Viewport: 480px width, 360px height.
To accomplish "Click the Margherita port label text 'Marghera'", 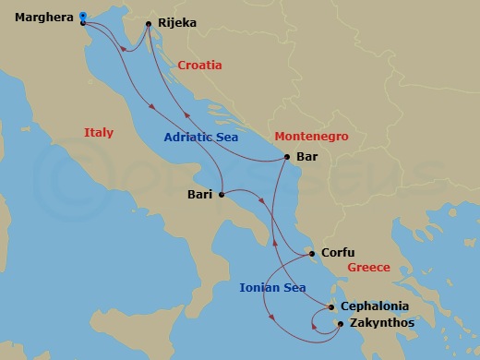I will (44, 17).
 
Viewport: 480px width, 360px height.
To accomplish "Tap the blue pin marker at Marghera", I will (82, 16).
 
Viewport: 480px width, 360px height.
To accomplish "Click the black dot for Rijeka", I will (149, 24).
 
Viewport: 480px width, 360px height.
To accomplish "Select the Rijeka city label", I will (178, 24).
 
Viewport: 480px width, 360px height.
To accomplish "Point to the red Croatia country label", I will (199, 66).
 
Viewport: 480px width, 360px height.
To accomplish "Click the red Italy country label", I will (98, 133).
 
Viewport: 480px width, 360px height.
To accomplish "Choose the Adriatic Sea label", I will (201, 138).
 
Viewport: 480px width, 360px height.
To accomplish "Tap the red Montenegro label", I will (311, 136).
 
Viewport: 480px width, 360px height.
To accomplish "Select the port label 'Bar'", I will (307, 157).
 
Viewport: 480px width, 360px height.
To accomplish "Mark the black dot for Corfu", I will (312, 253).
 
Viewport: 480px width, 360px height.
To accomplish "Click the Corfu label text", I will (337, 253).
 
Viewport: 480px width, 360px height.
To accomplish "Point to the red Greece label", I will (369, 268).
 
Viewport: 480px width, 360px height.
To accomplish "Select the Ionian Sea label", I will (272, 288).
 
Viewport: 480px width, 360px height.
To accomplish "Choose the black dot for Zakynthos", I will (341, 324).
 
